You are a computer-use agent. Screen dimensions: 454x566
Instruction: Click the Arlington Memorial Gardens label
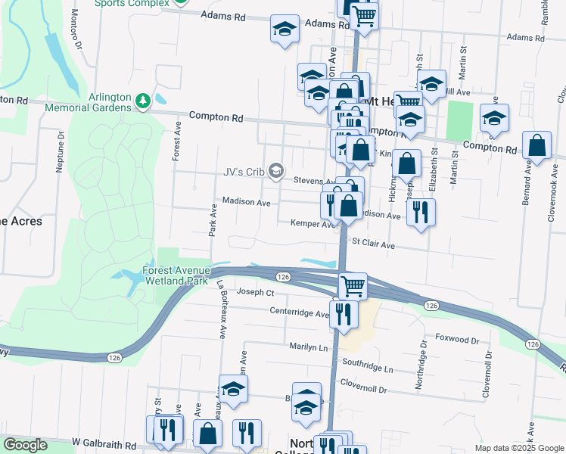(x=109, y=102)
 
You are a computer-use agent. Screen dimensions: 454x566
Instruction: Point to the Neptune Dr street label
(x=60, y=151)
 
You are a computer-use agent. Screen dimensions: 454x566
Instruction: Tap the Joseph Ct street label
(x=255, y=292)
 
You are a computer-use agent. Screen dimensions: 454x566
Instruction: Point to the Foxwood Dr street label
(x=457, y=340)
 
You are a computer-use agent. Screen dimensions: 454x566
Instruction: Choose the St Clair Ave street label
(x=374, y=245)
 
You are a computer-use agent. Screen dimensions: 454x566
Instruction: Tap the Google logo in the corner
(x=26, y=445)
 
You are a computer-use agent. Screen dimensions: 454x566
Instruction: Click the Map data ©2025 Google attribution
(x=518, y=448)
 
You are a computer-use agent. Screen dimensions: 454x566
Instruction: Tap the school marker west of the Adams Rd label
(x=285, y=30)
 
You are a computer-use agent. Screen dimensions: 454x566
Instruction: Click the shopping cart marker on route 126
(x=353, y=286)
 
